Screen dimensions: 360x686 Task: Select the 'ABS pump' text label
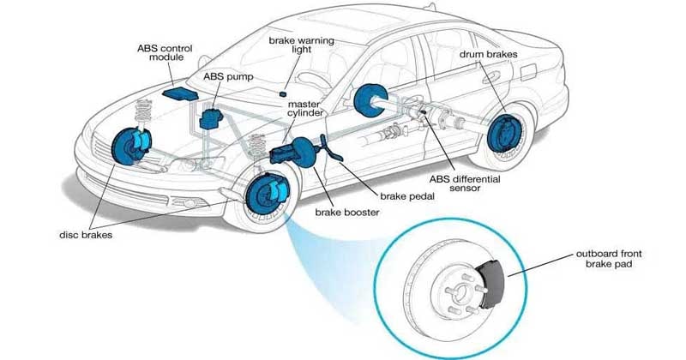221,75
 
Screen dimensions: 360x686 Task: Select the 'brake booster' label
346,211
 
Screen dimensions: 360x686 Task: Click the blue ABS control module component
178,91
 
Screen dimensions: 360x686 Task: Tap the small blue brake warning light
282,93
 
